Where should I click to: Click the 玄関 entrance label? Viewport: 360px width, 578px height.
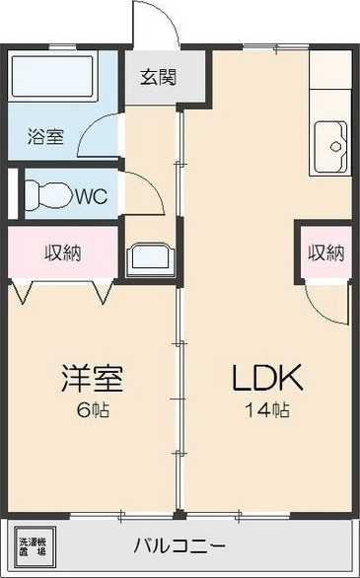click(158, 77)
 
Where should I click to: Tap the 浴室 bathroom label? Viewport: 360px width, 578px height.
click(44, 136)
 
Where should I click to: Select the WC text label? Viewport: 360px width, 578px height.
click(91, 195)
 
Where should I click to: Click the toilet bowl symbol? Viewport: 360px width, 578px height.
click(44, 192)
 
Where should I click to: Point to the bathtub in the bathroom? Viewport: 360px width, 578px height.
click(50, 78)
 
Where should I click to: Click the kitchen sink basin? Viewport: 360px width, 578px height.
click(330, 146)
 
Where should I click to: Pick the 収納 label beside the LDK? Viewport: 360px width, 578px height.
click(324, 253)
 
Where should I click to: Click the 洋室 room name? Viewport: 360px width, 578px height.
click(91, 378)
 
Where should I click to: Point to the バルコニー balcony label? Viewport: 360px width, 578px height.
click(180, 544)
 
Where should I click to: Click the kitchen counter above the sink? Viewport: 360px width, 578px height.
click(330, 84)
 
